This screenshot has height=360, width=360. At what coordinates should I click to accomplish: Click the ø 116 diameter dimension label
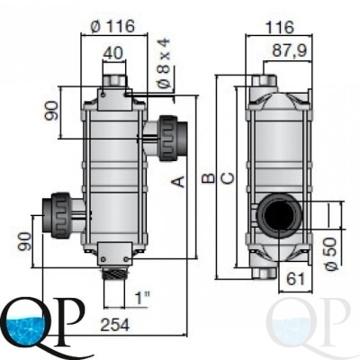click(x=112, y=26)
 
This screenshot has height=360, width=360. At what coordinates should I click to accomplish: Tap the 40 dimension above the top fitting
click(x=112, y=53)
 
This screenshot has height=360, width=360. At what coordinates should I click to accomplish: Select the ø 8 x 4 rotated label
click(x=165, y=63)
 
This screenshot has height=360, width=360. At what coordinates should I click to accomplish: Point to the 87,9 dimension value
click(x=290, y=50)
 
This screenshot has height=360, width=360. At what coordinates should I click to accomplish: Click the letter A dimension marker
click(x=178, y=182)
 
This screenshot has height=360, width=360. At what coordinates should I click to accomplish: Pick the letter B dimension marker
click(x=209, y=178)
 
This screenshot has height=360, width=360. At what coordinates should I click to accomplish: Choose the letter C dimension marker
click(x=228, y=178)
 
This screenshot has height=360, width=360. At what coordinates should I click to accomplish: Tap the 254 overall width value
click(x=115, y=325)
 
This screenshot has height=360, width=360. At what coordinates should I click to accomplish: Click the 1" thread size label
click(x=142, y=298)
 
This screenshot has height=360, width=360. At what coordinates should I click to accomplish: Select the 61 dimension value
click(x=295, y=279)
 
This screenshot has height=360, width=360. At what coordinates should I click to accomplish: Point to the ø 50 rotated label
click(x=331, y=254)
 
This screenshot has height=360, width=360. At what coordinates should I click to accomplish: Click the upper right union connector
click(x=173, y=138)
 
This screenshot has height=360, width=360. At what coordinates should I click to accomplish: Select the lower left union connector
click(x=57, y=215)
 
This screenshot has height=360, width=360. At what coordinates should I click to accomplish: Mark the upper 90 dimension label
click(x=51, y=111)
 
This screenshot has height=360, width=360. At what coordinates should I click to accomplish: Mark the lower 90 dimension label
click(x=25, y=241)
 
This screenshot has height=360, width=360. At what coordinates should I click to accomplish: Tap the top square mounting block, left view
click(x=114, y=99)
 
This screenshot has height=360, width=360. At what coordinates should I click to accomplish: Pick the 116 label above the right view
click(x=280, y=28)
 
